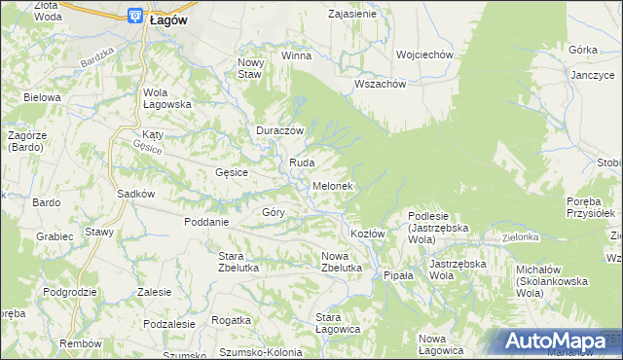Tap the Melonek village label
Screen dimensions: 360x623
(332, 185)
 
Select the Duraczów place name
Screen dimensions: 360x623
(281, 130)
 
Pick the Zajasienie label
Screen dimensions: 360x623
(352, 15)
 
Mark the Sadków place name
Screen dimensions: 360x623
(136, 194)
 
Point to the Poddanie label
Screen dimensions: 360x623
(206, 221)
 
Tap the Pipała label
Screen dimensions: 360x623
(398, 275)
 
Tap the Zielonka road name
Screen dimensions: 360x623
(521, 236)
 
